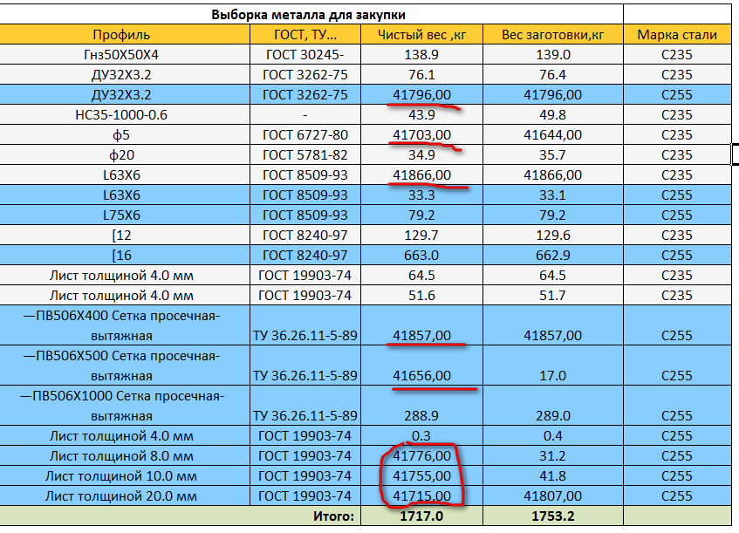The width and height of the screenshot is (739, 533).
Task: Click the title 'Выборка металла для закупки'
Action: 309,15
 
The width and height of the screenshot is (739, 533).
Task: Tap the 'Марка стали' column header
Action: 676,35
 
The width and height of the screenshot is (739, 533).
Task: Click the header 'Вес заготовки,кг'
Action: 553,35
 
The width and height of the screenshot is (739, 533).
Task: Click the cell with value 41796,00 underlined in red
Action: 422,94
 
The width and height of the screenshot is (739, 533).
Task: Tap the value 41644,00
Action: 553,134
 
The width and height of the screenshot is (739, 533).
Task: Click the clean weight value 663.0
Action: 422,255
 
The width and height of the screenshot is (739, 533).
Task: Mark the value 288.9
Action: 422,415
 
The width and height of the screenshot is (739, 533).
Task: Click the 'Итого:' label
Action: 334,516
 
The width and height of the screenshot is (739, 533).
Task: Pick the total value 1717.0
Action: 422,516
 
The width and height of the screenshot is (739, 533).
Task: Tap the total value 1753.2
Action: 553,516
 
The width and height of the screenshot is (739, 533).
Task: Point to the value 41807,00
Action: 553,495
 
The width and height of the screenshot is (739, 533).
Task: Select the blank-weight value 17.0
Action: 553,376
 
